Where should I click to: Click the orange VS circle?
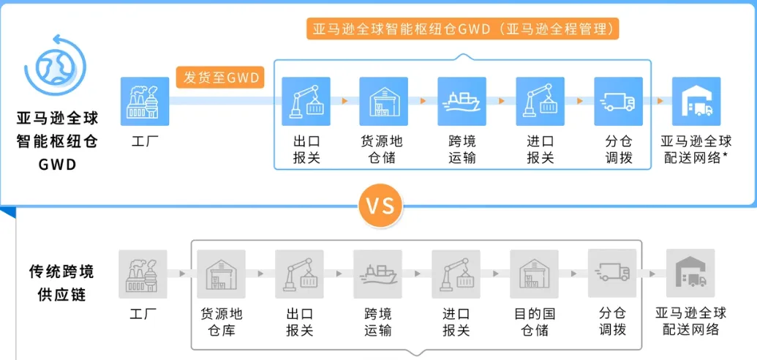[x=380, y=206]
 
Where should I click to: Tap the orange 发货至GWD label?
[x=221, y=77]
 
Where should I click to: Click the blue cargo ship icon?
[x=462, y=101]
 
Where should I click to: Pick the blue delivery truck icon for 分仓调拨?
[x=619, y=101]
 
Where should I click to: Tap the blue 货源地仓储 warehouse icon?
[x=383, y=101]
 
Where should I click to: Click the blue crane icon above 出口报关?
[x=306, y=101]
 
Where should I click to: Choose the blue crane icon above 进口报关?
[x=541, y=101]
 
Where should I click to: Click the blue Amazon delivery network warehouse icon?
[x=696, y=101]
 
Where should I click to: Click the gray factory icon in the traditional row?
[x=143, y=274]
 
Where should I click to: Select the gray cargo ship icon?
[x=377, y=274]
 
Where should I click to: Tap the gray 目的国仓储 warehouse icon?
[x=534, y=274]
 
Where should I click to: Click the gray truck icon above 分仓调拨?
[x=612, y=274]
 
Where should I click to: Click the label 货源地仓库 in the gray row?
[x=222, y=322]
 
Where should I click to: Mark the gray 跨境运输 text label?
[x=378, y=322]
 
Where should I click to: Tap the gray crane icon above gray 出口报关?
[x=300, y=274]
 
